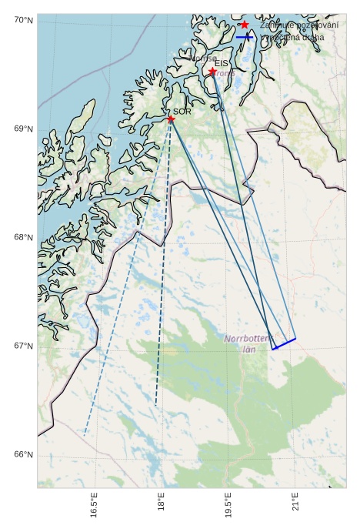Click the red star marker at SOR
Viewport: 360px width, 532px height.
(171, 119)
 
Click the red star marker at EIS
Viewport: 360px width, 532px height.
(212, 72)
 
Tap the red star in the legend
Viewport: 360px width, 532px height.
(245, 25)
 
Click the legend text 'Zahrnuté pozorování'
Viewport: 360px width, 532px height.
(299, 25)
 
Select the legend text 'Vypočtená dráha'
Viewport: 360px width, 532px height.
(292, 37)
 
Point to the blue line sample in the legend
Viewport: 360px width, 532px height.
(245, 37)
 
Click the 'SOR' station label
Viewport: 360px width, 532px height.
(182, 112)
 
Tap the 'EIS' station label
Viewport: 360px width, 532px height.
(222, 63)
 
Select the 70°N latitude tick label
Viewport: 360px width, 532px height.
(23, 19)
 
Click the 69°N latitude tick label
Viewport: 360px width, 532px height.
(23, 129)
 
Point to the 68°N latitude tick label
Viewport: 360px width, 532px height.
(23, 237)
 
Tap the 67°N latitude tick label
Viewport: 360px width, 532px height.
(23, 346)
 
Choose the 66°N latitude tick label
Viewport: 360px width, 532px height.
(23, 454)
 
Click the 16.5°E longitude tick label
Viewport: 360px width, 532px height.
(94, 505)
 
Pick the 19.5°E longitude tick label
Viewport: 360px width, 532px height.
(228, 505)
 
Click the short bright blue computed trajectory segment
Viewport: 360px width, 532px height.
(285, 343)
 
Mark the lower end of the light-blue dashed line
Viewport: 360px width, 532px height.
(85, 433)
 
